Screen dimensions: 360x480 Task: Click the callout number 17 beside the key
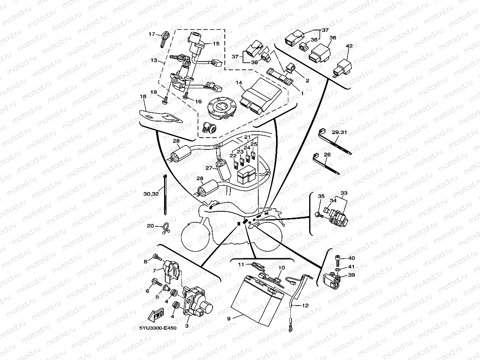pyautogui.click(x=152, y=34)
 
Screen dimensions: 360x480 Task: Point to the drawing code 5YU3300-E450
pyautogui.click(x=158, y=328)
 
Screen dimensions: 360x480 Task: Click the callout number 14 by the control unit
pyautogui.click(x=239, y=83)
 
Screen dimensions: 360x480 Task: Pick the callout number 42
pyautogui.click(x=349, y=46)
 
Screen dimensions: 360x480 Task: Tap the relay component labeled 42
pyautogui.click(x=342, y=67)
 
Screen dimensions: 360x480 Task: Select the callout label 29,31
pyautogui.click(x=339, y=132)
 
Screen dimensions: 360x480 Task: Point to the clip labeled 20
pyautogui.click(x=165, y=229)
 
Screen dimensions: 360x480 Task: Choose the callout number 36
pyautogui.click(x=332, y=38)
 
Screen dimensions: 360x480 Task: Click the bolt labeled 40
pyautogui.click(x=338, y=258)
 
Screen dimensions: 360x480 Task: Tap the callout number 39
pyautogui.click(x=351, y=275)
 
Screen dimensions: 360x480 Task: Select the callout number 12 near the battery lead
pyautogui.click(x=306, y=306)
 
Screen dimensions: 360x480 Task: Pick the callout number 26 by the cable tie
pyautogui.click(x=327, y=155)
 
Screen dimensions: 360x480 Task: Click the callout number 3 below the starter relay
pyautogui.click(x=187, y=325)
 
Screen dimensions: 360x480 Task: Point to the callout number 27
pyautogui.click(x=209, y=168)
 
